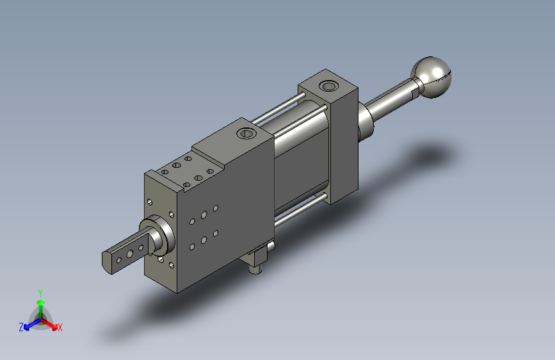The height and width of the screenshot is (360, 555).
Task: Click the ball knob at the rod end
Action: coord(431,77)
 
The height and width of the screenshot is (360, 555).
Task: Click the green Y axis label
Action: coord(40,293)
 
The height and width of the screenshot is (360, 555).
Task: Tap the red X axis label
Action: coord(60,327)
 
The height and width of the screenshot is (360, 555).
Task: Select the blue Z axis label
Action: coord(21,327)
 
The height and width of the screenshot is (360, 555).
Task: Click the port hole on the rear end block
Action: coord(328,86)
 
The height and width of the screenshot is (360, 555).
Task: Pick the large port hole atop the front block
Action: coord(246,133)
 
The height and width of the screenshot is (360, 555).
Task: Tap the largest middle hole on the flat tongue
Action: coord(130,254)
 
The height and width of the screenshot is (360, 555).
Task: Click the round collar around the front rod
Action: coord(159,234)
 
